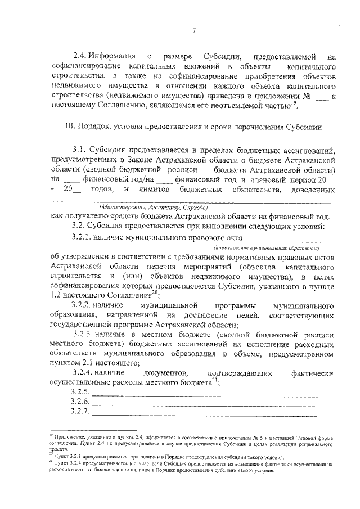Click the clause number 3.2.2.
tap(84, 304)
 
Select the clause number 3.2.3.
tap(84, 334)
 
